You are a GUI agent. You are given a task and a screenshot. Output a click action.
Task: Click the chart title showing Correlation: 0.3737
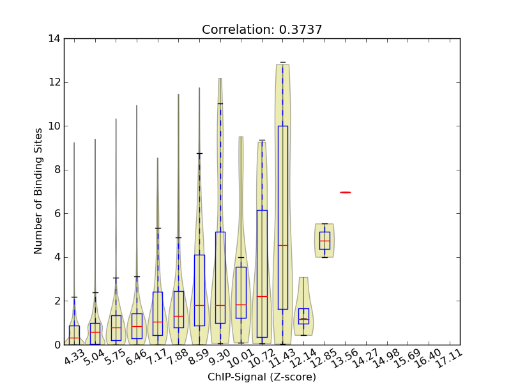(x=262, y=30)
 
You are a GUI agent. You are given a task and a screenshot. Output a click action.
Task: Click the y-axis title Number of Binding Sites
(x=39, y=191)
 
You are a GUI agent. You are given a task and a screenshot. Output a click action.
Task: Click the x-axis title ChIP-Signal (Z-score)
(x=262, y=377)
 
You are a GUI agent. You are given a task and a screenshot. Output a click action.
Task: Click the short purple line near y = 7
(x=345, y=192)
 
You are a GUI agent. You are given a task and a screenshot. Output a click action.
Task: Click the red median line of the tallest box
(x=282, y=245)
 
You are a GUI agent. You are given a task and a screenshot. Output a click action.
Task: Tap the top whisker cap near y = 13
(x=282, y=63)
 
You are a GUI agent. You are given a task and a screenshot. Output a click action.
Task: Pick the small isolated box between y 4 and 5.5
(x=324, y=241)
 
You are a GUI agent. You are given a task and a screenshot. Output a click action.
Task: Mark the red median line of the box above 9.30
(x=220, y=305)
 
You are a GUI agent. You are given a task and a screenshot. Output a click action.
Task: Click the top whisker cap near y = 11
(x=220, y=103)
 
